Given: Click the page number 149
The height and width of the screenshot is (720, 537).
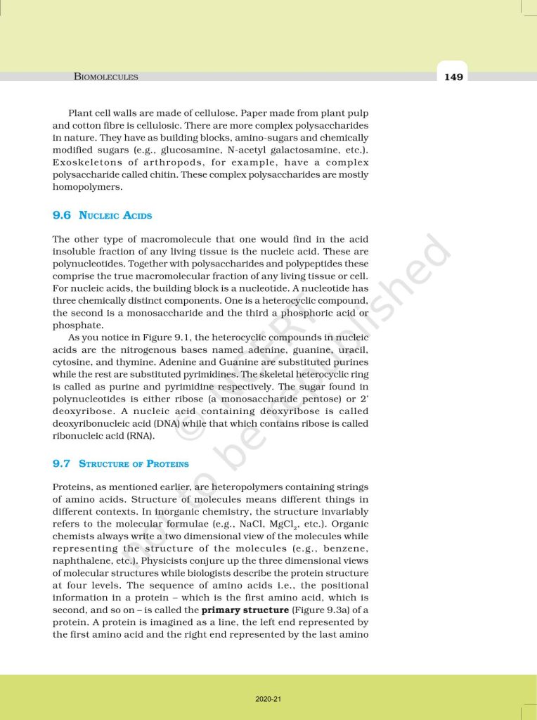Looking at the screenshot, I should [x=453, y=77].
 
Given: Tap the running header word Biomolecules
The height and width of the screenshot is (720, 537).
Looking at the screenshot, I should [x=105, y=77].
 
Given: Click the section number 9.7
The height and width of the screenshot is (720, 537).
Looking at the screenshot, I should [x=63, y=463].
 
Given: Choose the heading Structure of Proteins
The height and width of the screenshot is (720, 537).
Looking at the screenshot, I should [x=134, y=463].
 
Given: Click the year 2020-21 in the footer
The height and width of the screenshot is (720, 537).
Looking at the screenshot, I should [x=268, y=699].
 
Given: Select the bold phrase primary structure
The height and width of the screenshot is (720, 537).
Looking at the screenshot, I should [x=250, y=610].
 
